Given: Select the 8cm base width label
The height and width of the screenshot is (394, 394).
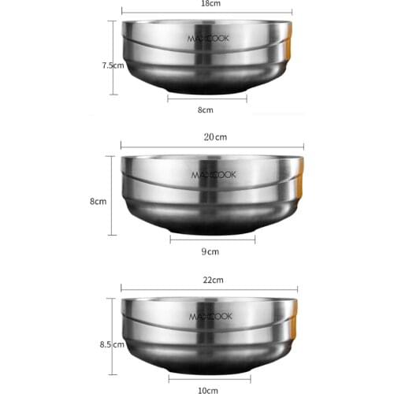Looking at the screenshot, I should (x=206, y=111).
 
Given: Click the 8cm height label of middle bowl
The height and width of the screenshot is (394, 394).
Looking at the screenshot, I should (x=98, y=202).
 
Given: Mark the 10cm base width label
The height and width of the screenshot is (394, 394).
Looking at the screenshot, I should (x=209, y=389).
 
